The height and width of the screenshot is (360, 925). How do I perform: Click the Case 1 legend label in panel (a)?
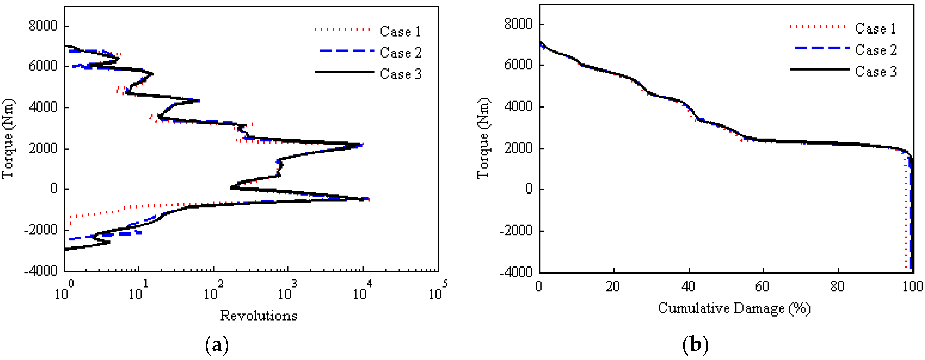(x=400, y=32)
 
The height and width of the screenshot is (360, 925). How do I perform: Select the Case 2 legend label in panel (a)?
(x=400, y=53)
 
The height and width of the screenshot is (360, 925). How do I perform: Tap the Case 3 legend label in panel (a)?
(x=400, y=74)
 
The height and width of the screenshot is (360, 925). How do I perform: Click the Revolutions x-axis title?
(x=259, y=316)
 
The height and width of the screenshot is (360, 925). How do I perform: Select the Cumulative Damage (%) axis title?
(x=734, y=308)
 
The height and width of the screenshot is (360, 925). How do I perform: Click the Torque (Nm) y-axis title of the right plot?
(x=483, y=138)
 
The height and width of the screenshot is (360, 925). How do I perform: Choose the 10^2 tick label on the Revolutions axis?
(x=213, y=290)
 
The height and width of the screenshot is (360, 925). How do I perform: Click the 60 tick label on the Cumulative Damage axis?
(x=762, y=287)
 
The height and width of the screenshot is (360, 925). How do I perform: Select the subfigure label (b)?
(x=696, y=345)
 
